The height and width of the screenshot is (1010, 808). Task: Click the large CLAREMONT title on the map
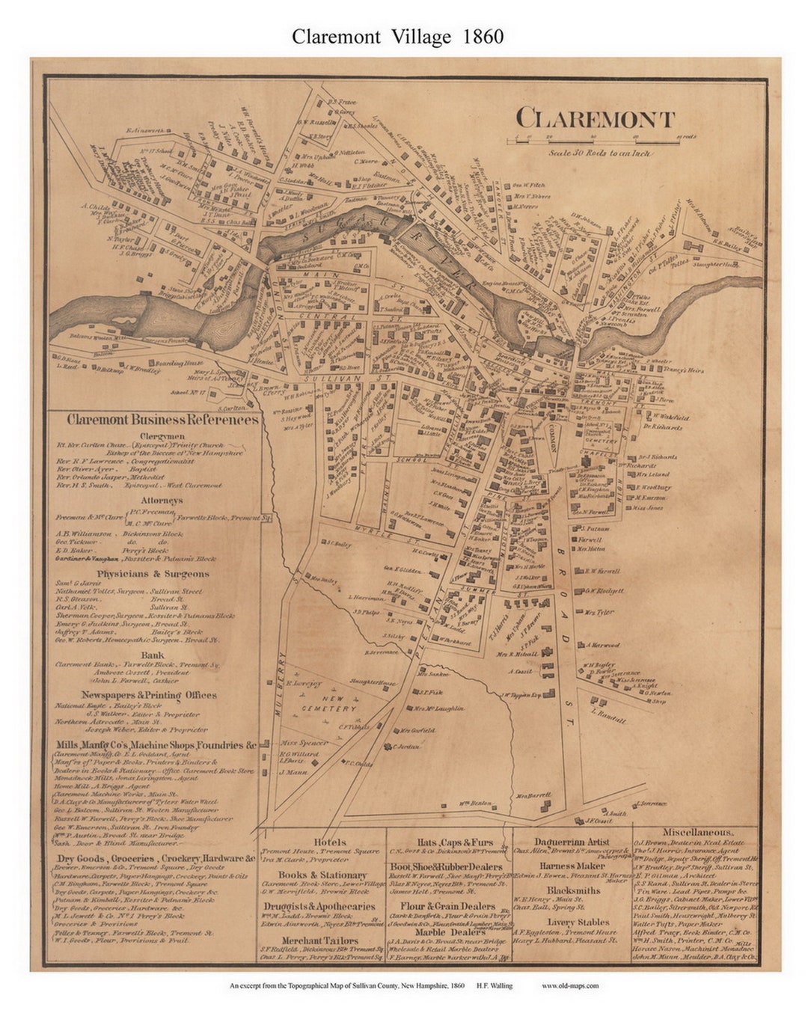[595, 119]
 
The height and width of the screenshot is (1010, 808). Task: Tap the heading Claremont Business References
[162, 420]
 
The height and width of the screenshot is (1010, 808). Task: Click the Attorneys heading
[160, 501]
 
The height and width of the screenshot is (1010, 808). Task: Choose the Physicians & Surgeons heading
[153, 574]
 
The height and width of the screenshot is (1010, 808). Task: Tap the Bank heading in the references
[153, 655]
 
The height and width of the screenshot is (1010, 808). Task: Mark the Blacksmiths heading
[573, 890]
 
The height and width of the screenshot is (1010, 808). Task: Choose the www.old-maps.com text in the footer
[570, 985]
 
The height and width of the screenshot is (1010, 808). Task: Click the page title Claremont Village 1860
[397, 37]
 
